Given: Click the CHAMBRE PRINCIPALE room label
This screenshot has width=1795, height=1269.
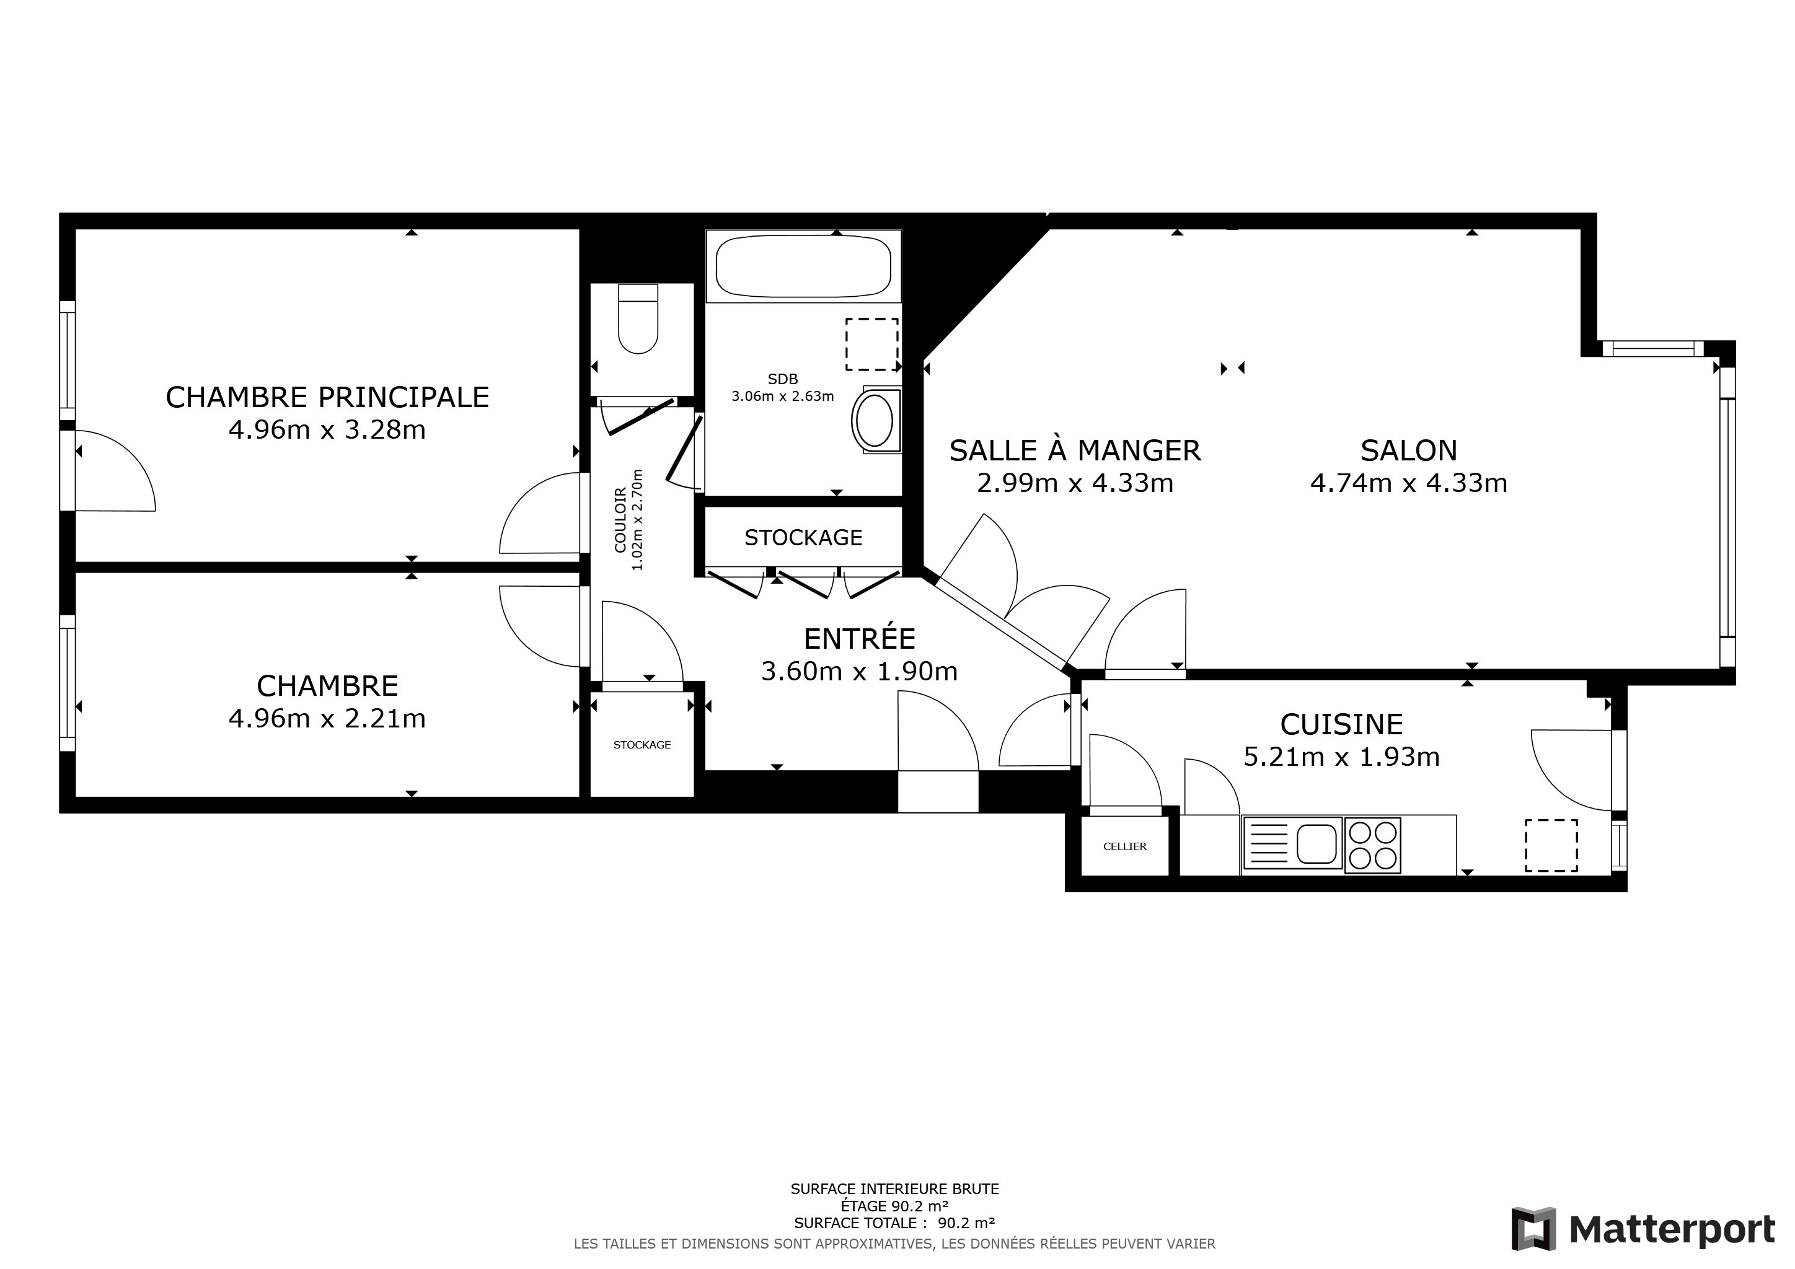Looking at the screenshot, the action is tap(327, 397).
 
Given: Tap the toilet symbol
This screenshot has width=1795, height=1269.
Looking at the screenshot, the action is tap(638, 319).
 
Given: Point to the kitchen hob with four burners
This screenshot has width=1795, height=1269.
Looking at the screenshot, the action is tap(1373, 845).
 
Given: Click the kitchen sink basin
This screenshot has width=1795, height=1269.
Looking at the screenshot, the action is tap(1316, 844).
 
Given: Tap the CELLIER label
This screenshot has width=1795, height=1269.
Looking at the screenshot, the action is tap(1125, 846).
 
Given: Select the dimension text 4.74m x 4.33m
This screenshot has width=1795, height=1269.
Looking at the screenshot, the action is tap(1409, 483).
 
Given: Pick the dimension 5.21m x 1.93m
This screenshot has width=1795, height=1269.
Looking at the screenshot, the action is tap(1341, 757).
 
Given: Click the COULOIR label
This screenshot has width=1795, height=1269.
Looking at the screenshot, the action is tap(620, 520).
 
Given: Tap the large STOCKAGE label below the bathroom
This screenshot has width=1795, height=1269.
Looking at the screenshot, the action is tap(803, 538).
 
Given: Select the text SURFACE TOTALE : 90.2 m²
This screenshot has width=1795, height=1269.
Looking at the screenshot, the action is tap(894, 1223).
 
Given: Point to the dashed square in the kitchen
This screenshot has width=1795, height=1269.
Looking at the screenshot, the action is tap(1551, 845).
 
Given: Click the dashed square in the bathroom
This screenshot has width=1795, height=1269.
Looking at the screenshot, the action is tap(871, 344).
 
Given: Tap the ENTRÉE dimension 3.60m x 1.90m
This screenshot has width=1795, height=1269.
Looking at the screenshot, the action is tap(859, 671).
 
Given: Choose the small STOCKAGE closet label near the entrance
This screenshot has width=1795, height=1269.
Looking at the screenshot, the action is tap(642, 745).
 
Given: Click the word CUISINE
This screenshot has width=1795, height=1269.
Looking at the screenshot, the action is tap(1341, 724).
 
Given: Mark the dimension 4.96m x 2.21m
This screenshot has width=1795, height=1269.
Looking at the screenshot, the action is tap(327, 718).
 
